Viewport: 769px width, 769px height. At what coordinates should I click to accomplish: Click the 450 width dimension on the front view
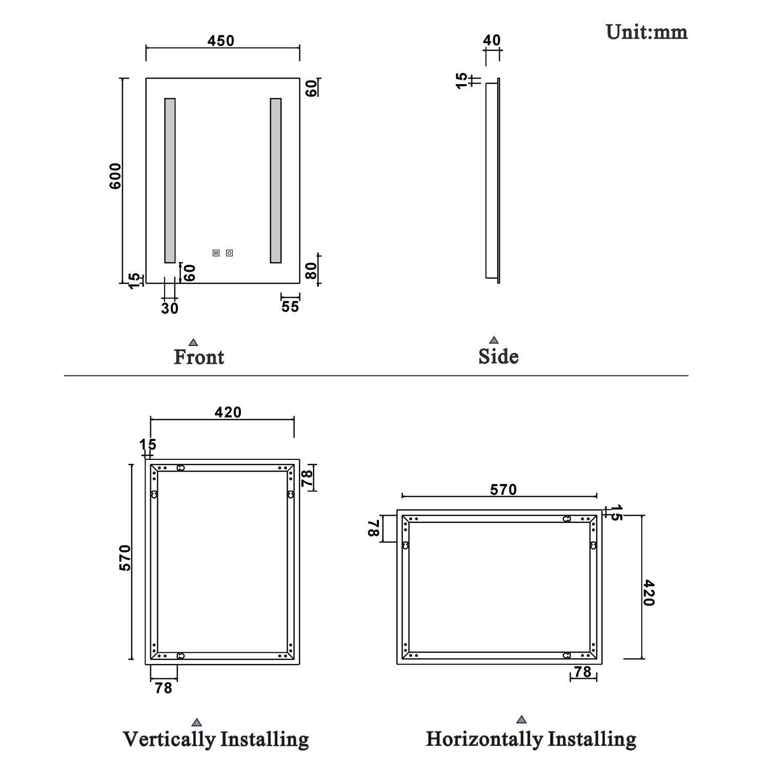[221, 41]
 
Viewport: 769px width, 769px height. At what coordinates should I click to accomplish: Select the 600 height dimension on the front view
[115, 176]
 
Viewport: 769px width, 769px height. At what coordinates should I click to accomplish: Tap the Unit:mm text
[646, 32]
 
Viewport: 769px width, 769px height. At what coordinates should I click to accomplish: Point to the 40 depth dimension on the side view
[492, 40]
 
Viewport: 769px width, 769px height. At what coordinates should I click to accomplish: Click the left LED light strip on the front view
[170, 180]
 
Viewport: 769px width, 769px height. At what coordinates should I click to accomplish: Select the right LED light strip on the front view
[276, 180]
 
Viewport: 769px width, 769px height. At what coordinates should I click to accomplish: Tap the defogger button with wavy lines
[216, 253]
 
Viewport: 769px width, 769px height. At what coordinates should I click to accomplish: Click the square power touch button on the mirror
[229, 253]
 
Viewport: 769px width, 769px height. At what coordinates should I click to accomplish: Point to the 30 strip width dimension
[170, 308]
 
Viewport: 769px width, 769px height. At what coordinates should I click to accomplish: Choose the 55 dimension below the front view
[290, 307]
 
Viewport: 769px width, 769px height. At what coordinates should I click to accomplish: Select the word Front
[199, 357]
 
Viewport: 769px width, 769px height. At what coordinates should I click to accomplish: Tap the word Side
[498, 356]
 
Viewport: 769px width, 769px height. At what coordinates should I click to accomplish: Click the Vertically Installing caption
[216, 739]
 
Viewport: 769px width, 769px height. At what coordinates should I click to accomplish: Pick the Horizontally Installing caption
[531, 739]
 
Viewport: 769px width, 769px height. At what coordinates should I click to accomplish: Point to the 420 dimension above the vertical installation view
[228, 412]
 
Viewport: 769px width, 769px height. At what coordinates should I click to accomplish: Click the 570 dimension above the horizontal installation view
[503, 490]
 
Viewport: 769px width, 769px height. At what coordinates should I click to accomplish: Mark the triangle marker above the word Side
[494, 340]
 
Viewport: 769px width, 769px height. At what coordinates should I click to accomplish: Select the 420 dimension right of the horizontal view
[649, 593]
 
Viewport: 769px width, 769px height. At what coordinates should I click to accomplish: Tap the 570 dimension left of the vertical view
[126, 558]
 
